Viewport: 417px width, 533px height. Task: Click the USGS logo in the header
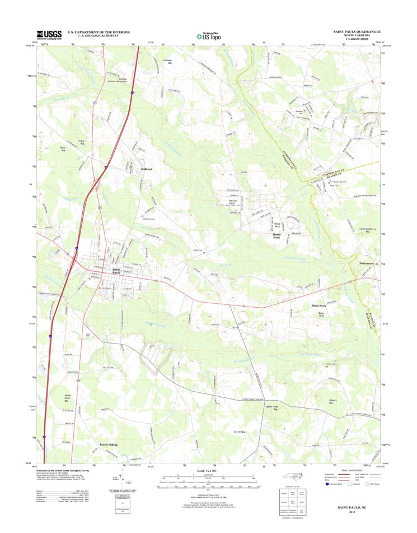(49, 35)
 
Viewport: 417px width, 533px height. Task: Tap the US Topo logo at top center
(208, 36)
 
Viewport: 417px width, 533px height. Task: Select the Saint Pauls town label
(117, 272)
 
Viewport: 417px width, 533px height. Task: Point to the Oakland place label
(147, 169)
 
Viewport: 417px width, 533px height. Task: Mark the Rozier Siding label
(109, 444)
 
